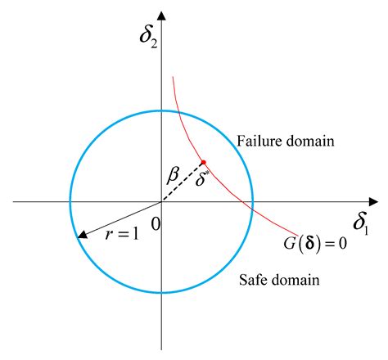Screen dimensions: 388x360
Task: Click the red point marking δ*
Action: click(203, 162)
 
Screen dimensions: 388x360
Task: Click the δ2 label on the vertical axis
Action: click(148, 38)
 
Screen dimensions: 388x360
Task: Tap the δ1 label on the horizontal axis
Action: click(361, 224)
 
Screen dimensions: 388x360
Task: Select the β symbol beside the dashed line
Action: click(174, 175)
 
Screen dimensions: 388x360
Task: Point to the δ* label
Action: click(201, 178)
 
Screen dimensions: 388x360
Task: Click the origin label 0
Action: click(156, 224)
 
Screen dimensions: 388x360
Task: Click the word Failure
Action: click(255, 141)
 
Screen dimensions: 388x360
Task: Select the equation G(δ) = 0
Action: click(315, 243)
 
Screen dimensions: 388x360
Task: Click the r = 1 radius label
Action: click(122, 234)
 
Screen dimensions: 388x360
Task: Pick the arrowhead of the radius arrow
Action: click(83, 235)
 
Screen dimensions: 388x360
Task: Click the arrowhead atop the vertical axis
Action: click(162, 16)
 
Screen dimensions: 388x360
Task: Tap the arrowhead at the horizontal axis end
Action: click(373, 202)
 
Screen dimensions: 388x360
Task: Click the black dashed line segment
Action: click(183, 182)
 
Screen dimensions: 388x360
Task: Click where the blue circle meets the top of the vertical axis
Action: click(162, 110)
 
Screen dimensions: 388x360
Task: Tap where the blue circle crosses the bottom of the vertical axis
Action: click(162, 293)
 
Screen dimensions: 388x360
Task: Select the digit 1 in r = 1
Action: click(136, 234)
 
